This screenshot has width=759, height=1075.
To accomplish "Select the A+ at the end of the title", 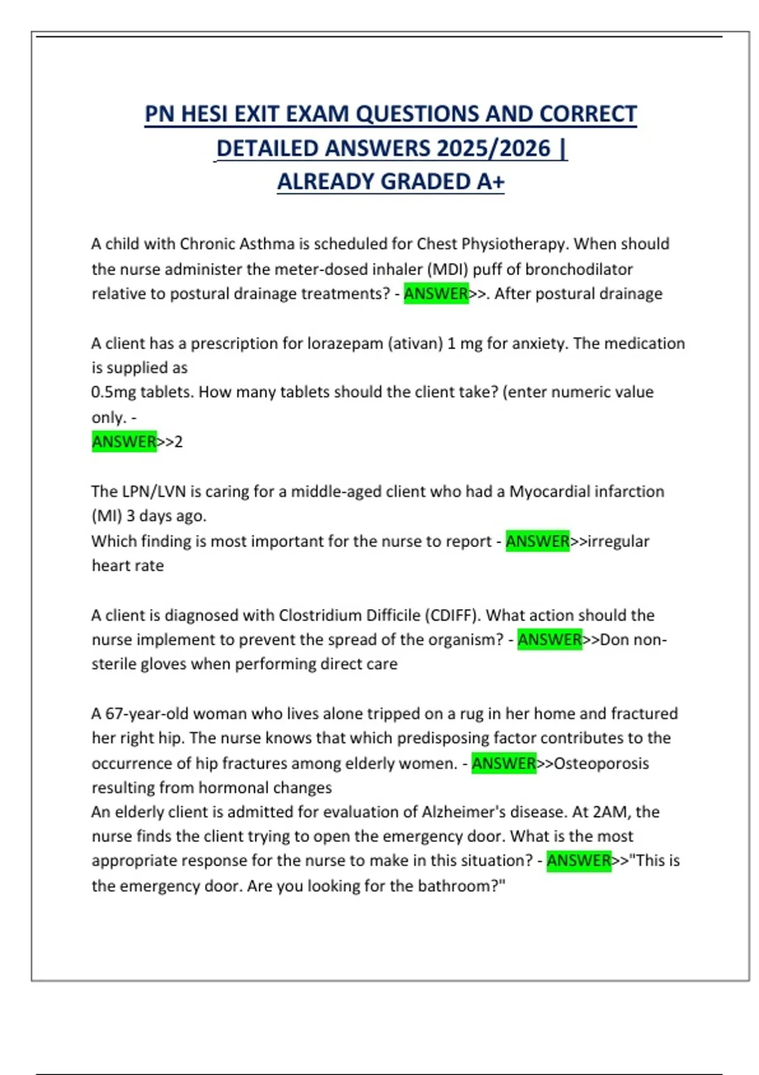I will tap(491, 182).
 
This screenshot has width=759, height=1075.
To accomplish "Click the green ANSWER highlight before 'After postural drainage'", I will tap(436, 294).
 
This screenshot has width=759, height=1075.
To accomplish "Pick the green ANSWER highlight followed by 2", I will tap(124, 441).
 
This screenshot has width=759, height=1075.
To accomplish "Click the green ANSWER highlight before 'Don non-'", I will tap(550, 640).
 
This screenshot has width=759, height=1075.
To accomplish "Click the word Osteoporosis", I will tap(601, 763).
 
